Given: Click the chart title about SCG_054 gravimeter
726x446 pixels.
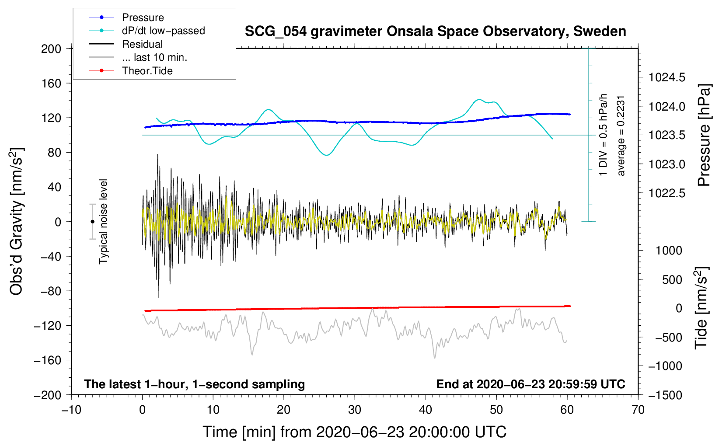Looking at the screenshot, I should [x=435, y=31].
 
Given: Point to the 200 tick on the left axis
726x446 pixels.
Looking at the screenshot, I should [x=51, y=49].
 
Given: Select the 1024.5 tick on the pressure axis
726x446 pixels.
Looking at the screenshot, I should [x=667, y=78].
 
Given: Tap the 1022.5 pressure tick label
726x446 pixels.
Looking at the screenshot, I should [x=667, y=193].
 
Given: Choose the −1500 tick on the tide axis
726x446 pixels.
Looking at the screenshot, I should [x=665, y=395].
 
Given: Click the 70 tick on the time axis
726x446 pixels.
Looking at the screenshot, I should [x=638, y=410].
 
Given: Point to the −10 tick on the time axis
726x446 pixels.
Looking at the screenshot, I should [x=71, y=410].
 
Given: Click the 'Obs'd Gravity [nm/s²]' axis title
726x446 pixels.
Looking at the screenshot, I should [x=17, y=221].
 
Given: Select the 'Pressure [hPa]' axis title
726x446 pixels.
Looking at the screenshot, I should [x=704, y=136].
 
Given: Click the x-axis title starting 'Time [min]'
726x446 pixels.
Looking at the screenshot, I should [x=354, y=432].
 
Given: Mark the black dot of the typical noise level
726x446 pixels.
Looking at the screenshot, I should [x=92, y=222].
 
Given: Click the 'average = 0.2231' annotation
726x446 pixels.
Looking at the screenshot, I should [x=621, y=136].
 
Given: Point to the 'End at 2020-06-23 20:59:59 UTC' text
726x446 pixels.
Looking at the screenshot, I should [x=531, y=384].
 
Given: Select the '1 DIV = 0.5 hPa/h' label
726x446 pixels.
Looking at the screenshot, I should [x=604, y=135].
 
